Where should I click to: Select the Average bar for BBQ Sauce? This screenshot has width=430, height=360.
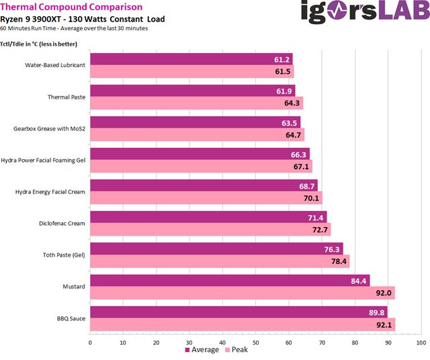tap(239, 312)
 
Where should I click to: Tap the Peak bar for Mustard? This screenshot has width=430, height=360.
tap(242, 293)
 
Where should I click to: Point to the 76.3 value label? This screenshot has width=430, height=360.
tap(332, 249)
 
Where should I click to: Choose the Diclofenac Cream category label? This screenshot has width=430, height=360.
tap(63, 224)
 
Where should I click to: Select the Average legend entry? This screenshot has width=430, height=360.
tap(202, 350)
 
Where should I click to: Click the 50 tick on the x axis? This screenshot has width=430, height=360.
tap(255, 342)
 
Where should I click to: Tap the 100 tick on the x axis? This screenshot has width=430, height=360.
tap(421, 342)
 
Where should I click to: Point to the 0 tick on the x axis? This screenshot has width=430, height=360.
tap(90, 342)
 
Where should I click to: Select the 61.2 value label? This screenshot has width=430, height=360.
tap(282, 60)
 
